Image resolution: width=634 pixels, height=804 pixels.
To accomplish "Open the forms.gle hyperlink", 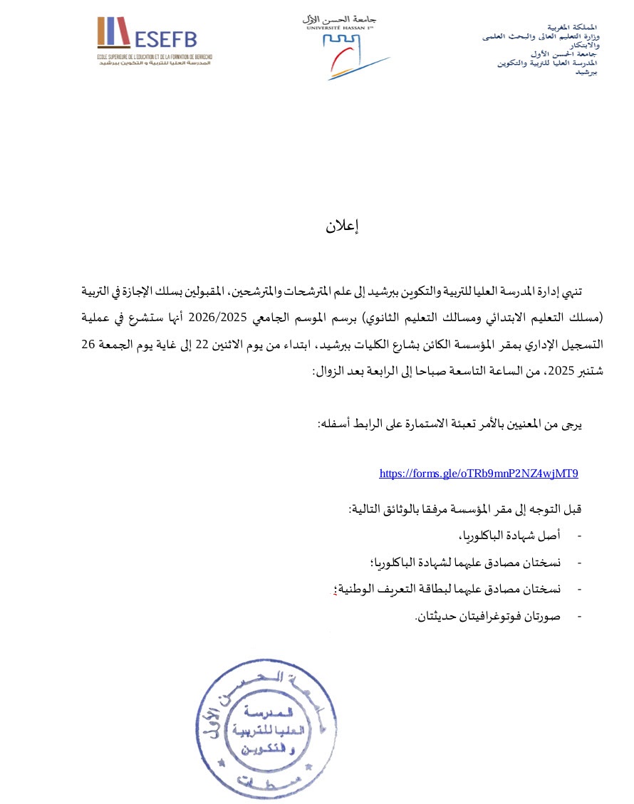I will coord(478,473).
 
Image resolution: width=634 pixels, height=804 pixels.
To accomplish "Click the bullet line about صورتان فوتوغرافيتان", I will coord(488,615).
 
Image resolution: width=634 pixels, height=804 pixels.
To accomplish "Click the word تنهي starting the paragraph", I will coord(591,292).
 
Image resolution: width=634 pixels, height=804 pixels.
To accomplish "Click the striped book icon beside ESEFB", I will coord(113,33).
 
